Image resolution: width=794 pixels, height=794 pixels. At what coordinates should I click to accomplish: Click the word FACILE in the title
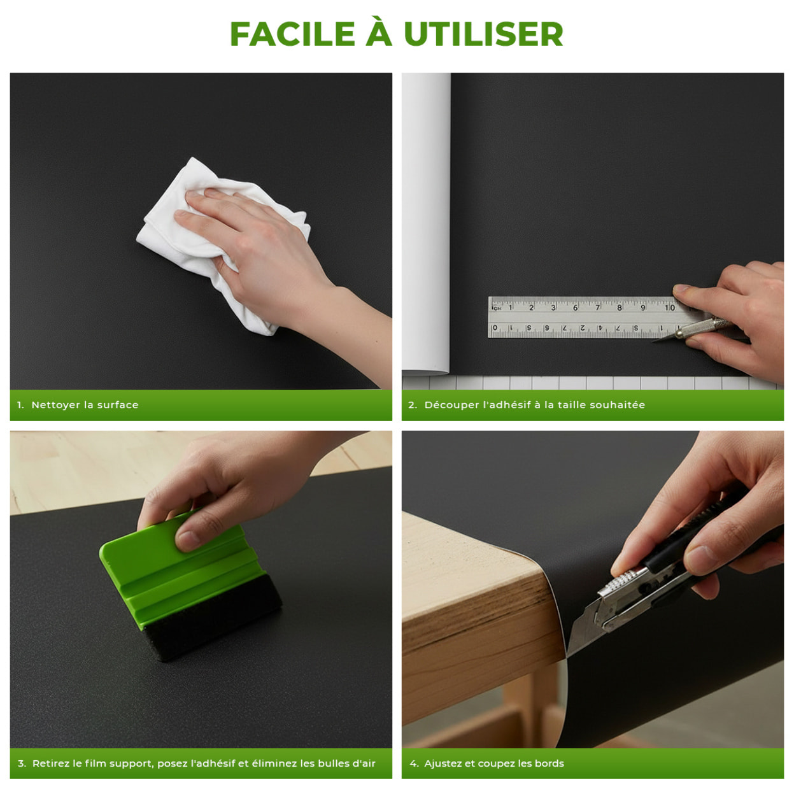pyautogui.click(x=292, y=34)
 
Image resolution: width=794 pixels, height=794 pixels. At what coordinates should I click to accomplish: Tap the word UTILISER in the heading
pyautogui.click(x=483, y=34)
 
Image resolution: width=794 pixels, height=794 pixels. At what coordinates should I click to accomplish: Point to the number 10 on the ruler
pyautogui.click(x=670, y=308)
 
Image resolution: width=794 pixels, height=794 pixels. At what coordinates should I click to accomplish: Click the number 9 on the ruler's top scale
pyautogui.click(x=642, y=308)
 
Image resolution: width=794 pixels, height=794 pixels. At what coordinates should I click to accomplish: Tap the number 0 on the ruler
pyautogui.click(x=495, y=327)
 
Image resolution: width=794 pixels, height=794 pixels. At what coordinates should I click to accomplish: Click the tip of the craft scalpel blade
pyautogui.click(x=653, y=341)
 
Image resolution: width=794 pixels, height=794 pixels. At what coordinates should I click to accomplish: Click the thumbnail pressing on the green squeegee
pyautogui.click(x=187, y=541)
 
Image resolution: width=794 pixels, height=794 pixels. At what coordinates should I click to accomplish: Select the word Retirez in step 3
pyautogui.click(x=51, y=763)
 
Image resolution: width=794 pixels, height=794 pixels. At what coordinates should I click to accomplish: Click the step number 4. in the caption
pyautogui.click(x=414, y=763)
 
